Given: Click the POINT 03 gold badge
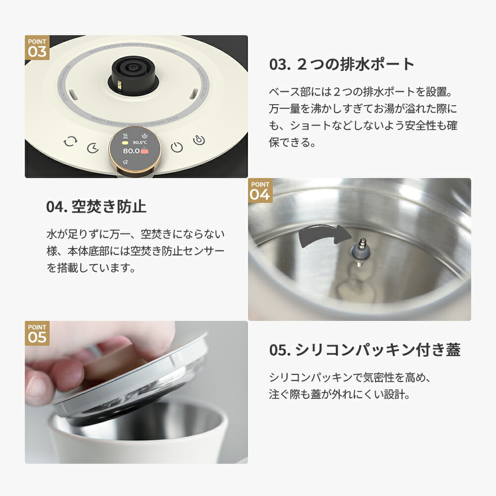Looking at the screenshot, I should [37, 48].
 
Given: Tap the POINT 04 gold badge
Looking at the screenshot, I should [260, 190].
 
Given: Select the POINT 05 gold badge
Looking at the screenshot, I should [37, 333].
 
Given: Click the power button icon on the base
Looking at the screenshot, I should [177, 147].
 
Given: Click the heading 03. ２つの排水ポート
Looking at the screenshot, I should [342, 64].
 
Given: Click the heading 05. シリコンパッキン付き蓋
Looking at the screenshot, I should [365, 350].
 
